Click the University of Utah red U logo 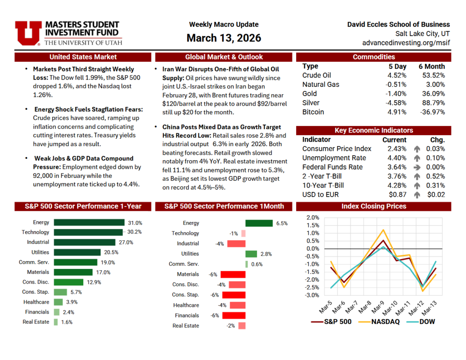[28, 33]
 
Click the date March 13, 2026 [223, 38]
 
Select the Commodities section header [374, 57]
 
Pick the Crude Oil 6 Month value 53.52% [431, 76]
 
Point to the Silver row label [311, 103]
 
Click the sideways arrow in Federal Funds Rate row [416, 167]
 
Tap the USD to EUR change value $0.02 [436, 195]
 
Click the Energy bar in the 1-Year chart [89, 223]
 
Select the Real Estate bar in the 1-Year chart [56, 322]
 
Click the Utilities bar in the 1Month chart [251, 254]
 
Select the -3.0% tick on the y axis [313, 295]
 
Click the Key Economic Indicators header [374, 130]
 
